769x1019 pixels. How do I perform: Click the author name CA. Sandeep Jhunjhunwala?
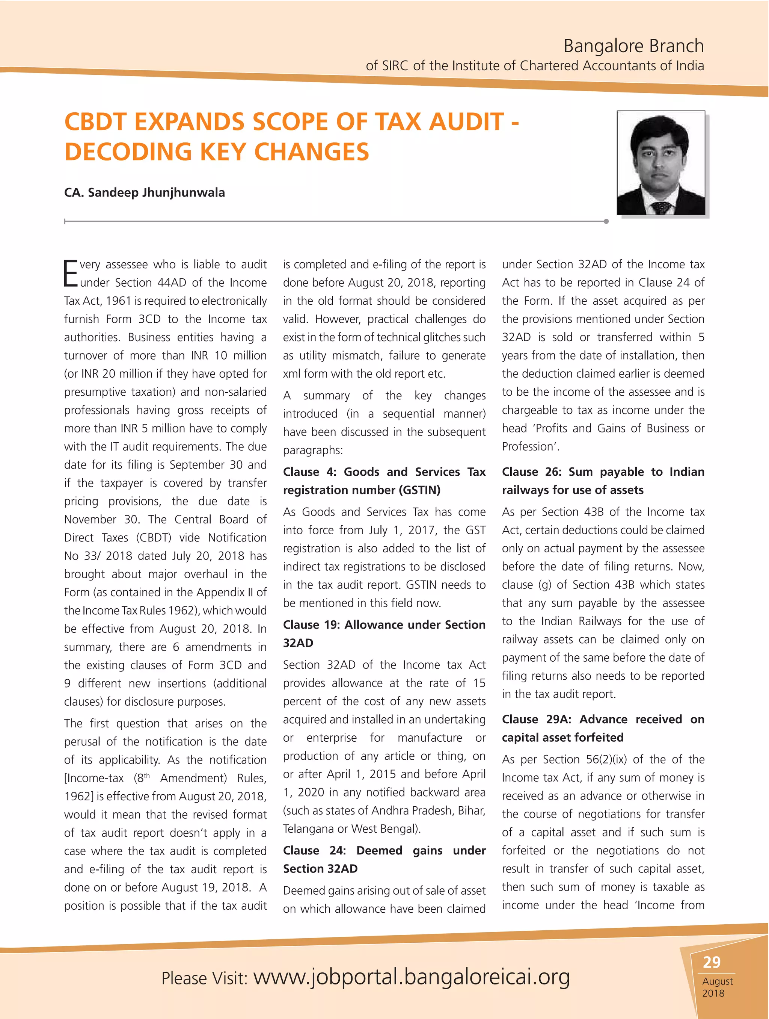pos(145,192)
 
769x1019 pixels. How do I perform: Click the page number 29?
pos(712,962)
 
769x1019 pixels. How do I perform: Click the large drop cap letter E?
pos(71,274)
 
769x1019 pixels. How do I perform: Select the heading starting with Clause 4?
pos(384,481)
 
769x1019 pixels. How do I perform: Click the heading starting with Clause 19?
pos(384,633)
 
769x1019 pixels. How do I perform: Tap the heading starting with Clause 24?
pos(384,859)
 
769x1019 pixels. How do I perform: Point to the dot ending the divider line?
pos(606,222)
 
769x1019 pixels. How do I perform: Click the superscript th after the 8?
pos(147,775)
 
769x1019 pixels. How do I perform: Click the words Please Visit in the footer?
pos(204,978)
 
